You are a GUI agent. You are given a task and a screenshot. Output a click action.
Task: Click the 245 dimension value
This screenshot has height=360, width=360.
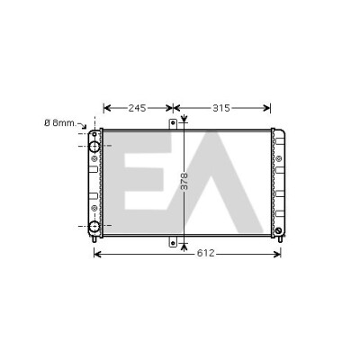click(137, 108)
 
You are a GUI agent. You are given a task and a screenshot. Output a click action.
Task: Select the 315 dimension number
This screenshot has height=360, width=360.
click(221, 108)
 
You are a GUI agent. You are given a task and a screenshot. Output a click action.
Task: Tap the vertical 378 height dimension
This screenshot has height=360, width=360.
click(184, 181)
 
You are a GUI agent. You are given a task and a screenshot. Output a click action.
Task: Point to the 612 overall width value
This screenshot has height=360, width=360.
click(206, 254)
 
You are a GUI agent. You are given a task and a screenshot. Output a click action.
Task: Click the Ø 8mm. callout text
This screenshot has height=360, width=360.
click(60, 123)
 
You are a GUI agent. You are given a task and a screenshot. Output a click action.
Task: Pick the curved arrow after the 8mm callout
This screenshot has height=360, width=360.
click(82, 125)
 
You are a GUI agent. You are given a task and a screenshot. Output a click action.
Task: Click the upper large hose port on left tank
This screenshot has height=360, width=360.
click(94, 146)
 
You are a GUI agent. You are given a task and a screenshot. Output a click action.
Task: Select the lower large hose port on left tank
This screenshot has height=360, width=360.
click(94, 226)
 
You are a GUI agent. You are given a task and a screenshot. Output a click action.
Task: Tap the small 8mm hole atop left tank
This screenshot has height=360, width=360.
click(94, 134)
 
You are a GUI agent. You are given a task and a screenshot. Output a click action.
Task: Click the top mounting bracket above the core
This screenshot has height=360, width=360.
click(173, 124)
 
